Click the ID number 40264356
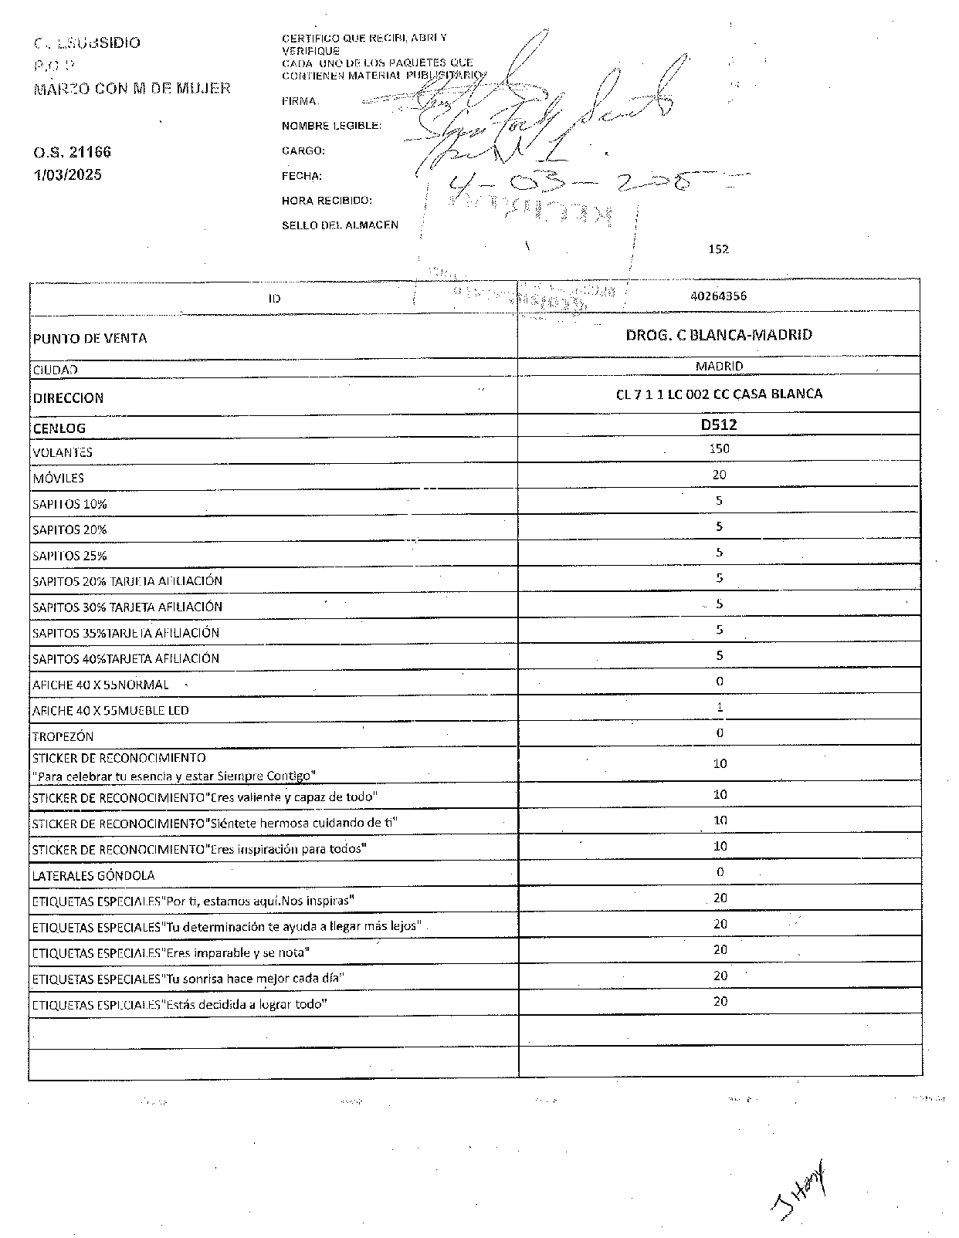(718, 296)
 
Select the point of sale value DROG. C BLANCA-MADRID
(718, 335)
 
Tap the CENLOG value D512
(718, 425)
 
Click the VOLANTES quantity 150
(719, 448)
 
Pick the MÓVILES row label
(59, 479)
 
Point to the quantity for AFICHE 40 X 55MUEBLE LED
(720, 707)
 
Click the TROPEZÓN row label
(63, 736)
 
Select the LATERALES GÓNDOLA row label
(93, 875)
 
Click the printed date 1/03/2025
(67, 174)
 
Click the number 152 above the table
(718, 249)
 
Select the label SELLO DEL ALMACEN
(340, 225)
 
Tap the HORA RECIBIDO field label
(327, 201)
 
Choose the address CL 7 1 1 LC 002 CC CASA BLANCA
(718, 394)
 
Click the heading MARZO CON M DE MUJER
(132, 89)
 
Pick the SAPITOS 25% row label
(69, 556)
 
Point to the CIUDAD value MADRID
(718, 366)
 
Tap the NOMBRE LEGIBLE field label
(330, 126)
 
